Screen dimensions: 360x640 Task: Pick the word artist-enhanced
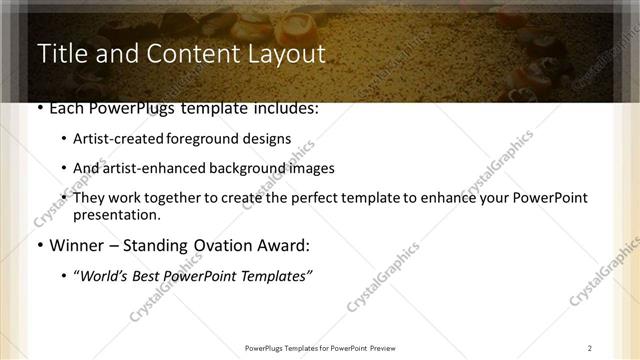pyautogui.click(x=147, y=168)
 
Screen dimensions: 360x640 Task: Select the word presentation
pyautogui.click(x=117, y=214)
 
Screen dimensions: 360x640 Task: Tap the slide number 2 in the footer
pyautogui.click(x=590, y=348)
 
